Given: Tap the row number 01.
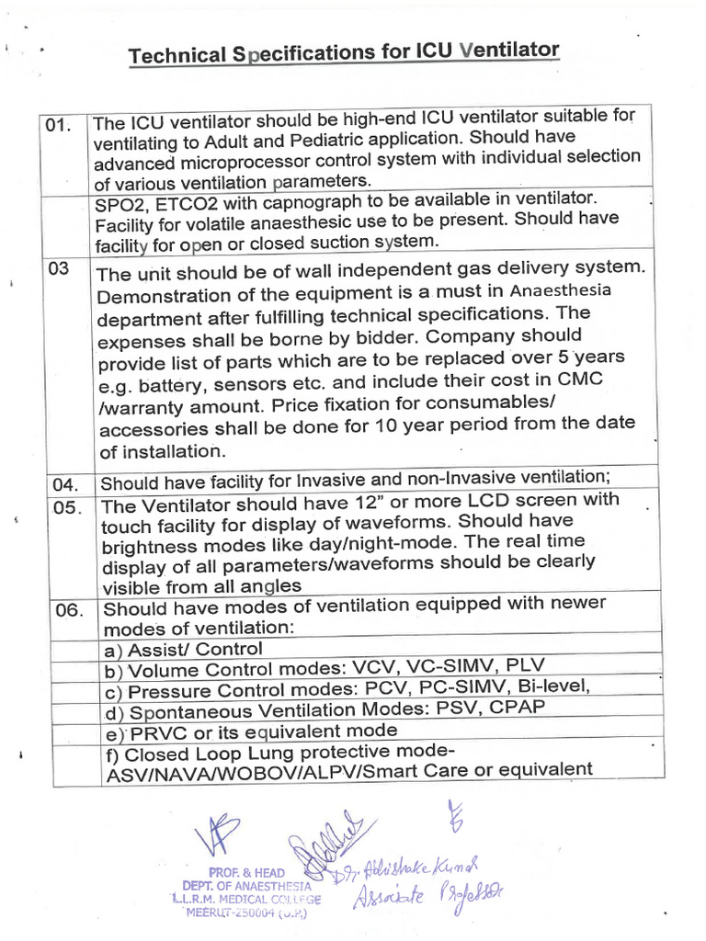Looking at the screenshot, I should click(x=58, y=126).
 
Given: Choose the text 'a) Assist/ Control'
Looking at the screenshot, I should click(x=183, y=650).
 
